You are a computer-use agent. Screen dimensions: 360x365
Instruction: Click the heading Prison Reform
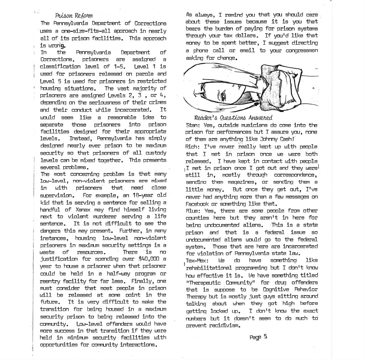[x=74, y=16]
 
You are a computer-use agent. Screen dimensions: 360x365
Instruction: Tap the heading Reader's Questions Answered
[x=233, y=117]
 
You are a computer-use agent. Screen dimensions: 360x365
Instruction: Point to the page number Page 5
[x=259, y=336]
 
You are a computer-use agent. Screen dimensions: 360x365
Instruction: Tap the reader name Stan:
[x=193, y=125]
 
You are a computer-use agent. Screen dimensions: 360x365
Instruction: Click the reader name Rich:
[x=193, y=146]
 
